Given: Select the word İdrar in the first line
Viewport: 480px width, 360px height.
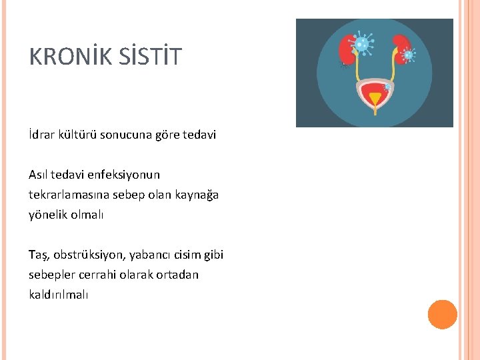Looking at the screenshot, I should [x=42, y=135].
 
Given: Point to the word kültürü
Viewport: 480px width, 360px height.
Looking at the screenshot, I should [x=80, y=135].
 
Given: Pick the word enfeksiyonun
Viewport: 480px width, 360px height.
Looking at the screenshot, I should [x=123, y=175].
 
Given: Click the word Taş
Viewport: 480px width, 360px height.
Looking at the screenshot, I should [x=39, y=255].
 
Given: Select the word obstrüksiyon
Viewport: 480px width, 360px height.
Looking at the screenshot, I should [x=85, y=255].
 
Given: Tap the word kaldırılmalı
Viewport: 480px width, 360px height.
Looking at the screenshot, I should [x=58, y=294].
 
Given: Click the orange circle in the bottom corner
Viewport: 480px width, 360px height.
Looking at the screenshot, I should [x=442, y=315].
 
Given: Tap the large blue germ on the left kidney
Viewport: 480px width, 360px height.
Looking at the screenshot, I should [x=361, y=44].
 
